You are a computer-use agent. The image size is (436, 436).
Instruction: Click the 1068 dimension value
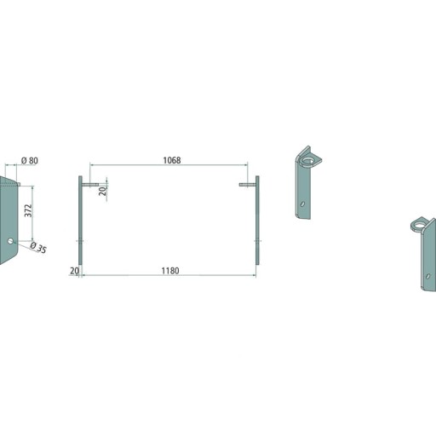172,160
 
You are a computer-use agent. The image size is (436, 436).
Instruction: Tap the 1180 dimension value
170,271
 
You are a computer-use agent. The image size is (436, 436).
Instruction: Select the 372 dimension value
28,210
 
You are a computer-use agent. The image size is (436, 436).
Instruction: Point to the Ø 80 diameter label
30,161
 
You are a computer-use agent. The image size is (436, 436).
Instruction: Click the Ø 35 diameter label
38,248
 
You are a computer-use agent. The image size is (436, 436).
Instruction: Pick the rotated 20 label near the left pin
102,191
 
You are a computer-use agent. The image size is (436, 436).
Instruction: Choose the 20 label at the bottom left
74,271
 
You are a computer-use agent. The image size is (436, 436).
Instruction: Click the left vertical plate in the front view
80,221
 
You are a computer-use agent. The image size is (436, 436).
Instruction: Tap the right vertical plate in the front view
257,221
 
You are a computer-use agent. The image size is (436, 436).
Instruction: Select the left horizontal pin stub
90,185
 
